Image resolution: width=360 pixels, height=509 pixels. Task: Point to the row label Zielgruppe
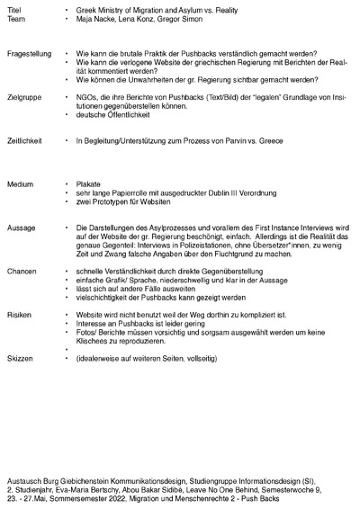pyautogui.click(x=22, y=95)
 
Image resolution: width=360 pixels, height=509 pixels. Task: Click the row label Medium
pyautogui.click(x=19, y=183)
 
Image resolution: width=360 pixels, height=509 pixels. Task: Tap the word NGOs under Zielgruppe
pyautogui.click(x=87, y=95)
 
